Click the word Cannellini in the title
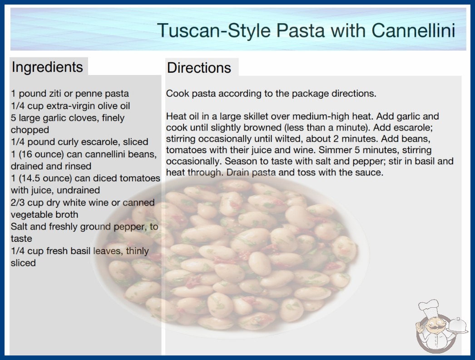tap(413, 30)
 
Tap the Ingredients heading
tap(47, 67)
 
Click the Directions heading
tap(199, 68)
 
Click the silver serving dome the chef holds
tap(457, 325)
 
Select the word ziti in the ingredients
tap(55, 94)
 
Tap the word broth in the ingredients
tap(68, 215)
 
